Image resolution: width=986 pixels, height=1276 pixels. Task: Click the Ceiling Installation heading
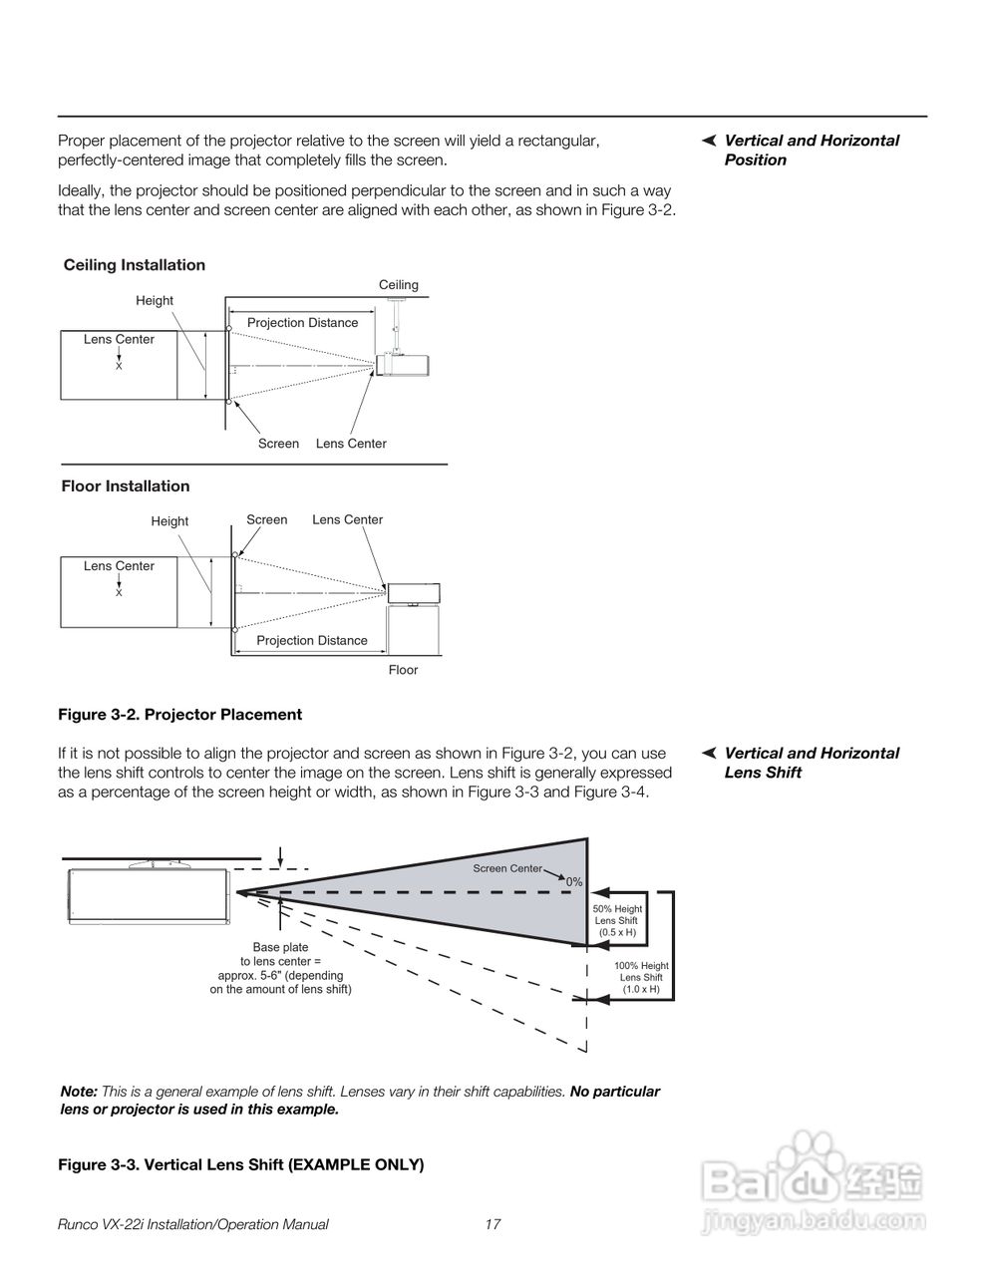click(134, 265)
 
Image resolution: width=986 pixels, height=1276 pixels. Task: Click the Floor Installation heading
click(125, 486)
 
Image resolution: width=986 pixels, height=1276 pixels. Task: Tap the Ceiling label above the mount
click(398, 285)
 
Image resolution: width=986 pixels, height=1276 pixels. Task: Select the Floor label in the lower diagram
click(403, 670)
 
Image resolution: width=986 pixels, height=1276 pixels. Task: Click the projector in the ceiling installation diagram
click(403, 365)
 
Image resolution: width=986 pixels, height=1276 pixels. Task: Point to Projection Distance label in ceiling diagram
click(302, 323)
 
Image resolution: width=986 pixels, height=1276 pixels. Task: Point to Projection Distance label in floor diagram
click(312, 640)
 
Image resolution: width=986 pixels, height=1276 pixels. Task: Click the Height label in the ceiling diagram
click(155, 300)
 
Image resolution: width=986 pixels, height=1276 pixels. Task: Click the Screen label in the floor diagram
click(266, 519)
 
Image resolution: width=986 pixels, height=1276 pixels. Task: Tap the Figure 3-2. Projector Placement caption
click(179, 715)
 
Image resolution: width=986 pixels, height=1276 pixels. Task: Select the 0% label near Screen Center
click(574, 882)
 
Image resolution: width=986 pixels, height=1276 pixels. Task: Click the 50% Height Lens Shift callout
click(617, 920)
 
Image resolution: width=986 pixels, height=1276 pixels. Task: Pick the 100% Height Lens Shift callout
click(641, 977)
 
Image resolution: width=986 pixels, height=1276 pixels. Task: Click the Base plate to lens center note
click(280, 968)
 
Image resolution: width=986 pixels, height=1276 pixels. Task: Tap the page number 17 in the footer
click(493, 1224)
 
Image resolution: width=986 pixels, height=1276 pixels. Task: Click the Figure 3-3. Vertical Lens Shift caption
click(240, 1164)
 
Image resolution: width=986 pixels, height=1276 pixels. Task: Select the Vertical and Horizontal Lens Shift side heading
click(811, 763)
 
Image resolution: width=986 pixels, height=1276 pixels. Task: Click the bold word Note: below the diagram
click(79, 1092)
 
